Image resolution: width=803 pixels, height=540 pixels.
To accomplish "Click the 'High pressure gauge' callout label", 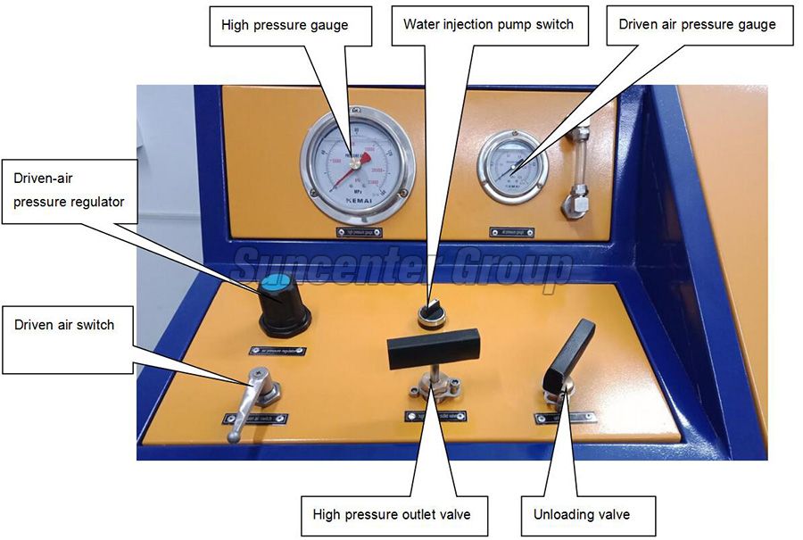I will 284,26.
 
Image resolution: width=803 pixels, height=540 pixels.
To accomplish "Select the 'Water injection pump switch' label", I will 490,25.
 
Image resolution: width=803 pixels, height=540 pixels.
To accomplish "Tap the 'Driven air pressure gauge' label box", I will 697,25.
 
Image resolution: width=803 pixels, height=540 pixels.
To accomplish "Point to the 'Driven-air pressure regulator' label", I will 70,190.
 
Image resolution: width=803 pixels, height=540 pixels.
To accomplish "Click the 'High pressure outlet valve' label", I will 392,514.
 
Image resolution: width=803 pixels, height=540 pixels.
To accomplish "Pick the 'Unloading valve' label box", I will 581,514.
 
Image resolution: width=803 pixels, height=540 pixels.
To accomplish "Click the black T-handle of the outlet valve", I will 434,347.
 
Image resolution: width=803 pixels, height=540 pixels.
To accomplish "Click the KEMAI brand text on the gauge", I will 357,203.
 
